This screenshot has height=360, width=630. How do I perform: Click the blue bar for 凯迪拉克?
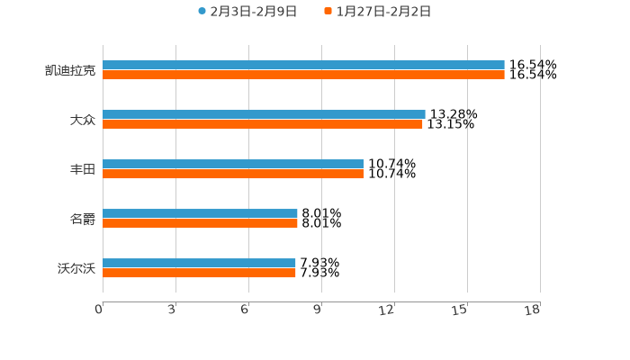click(x=303, y=66)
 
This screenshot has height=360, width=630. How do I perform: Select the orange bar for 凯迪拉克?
click(x=303, y=76)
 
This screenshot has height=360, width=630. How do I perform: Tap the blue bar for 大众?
click(x=264, y=115)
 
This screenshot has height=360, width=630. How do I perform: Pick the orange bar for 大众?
click(x=262, y=125)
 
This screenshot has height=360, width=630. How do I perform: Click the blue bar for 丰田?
click(x=233, y=165)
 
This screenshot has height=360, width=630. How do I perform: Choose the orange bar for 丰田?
click(x=233, y=175)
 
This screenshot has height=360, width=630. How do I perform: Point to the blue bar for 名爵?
click(x=200, y=214)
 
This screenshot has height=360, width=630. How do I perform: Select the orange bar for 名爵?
click(x=200, y=224)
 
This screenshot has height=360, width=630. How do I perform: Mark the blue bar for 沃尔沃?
click(x=199, y=264)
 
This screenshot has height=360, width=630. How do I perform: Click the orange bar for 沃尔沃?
click(x=199, y=274)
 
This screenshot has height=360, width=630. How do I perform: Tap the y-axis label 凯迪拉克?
click(x=70, y=70)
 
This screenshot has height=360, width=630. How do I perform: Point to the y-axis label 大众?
click(x=82, y=120)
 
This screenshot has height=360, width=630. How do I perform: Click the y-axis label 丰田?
click(x=82, y=169)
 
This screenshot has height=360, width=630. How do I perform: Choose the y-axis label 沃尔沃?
click(x=76, y=268)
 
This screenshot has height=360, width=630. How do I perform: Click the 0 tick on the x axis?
click(x=100, y=310)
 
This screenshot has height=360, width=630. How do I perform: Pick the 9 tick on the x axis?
click(x=317, y=310)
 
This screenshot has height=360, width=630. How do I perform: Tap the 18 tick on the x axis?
click(x=532, y=310)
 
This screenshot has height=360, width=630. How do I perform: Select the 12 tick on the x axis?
click(x=387, y=310)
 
